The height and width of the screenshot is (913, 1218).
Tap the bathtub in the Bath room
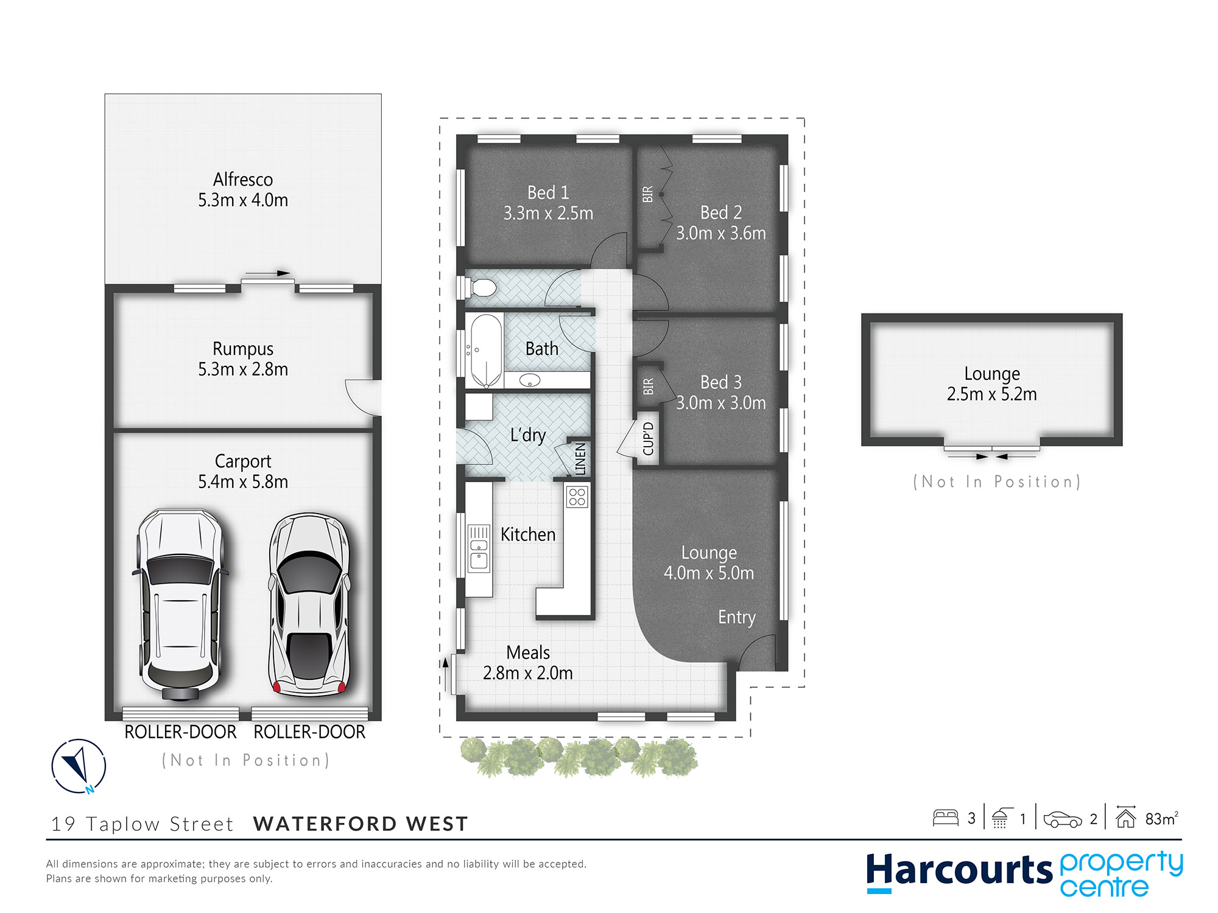[485, 351]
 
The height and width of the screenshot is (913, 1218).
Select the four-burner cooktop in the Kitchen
[577, 497]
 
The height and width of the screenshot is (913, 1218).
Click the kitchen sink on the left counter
[479, 548]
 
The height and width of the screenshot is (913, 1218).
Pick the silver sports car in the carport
[310, 604]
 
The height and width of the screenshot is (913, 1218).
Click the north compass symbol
[79, 766]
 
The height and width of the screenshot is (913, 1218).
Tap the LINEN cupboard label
[580, 459]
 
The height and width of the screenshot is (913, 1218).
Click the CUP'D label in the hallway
[648, 439]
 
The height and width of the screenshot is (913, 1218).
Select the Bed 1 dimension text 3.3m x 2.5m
[548, 214]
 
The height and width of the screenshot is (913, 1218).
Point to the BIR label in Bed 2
[647, 194]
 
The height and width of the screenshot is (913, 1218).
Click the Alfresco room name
[243, 180]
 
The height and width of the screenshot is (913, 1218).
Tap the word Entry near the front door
[737, 618]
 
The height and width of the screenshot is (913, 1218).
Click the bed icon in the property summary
[946, 817]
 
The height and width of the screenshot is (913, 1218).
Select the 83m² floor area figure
[1161, 819]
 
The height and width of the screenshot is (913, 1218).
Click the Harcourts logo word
[959, 870]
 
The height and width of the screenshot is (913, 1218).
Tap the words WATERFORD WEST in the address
[361, 824]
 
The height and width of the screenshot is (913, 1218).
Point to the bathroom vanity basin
[530, 380]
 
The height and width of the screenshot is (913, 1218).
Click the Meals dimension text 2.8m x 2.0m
[528, 673]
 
